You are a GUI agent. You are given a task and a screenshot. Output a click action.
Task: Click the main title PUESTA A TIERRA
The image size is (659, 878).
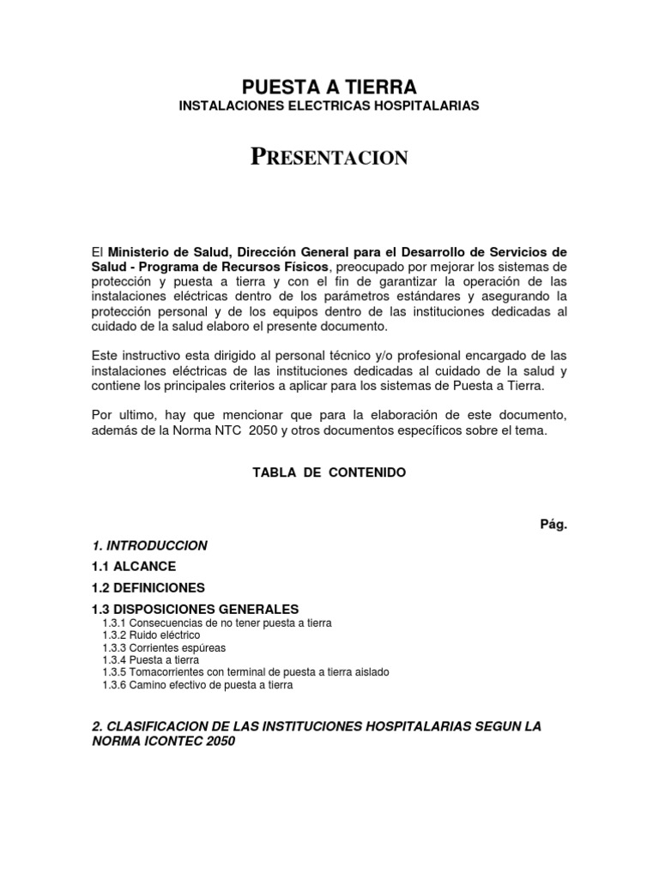coord(329,87)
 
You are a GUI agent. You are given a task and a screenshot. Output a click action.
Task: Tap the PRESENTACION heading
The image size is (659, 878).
coord(329,157)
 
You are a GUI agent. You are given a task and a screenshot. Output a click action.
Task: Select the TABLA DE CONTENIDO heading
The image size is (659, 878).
coord(329,472)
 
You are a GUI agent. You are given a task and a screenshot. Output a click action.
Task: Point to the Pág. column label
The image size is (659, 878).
coord(553,524)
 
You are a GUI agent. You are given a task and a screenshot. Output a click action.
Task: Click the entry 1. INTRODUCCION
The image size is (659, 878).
coord(149,545)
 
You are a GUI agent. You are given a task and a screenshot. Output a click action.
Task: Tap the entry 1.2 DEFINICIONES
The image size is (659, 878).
coord(148,588)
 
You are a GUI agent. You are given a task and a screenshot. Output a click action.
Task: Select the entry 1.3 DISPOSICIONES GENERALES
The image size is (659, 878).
coord(195,609)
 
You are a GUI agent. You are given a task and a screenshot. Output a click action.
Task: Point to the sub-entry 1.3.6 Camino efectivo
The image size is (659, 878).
coord(197,685)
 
